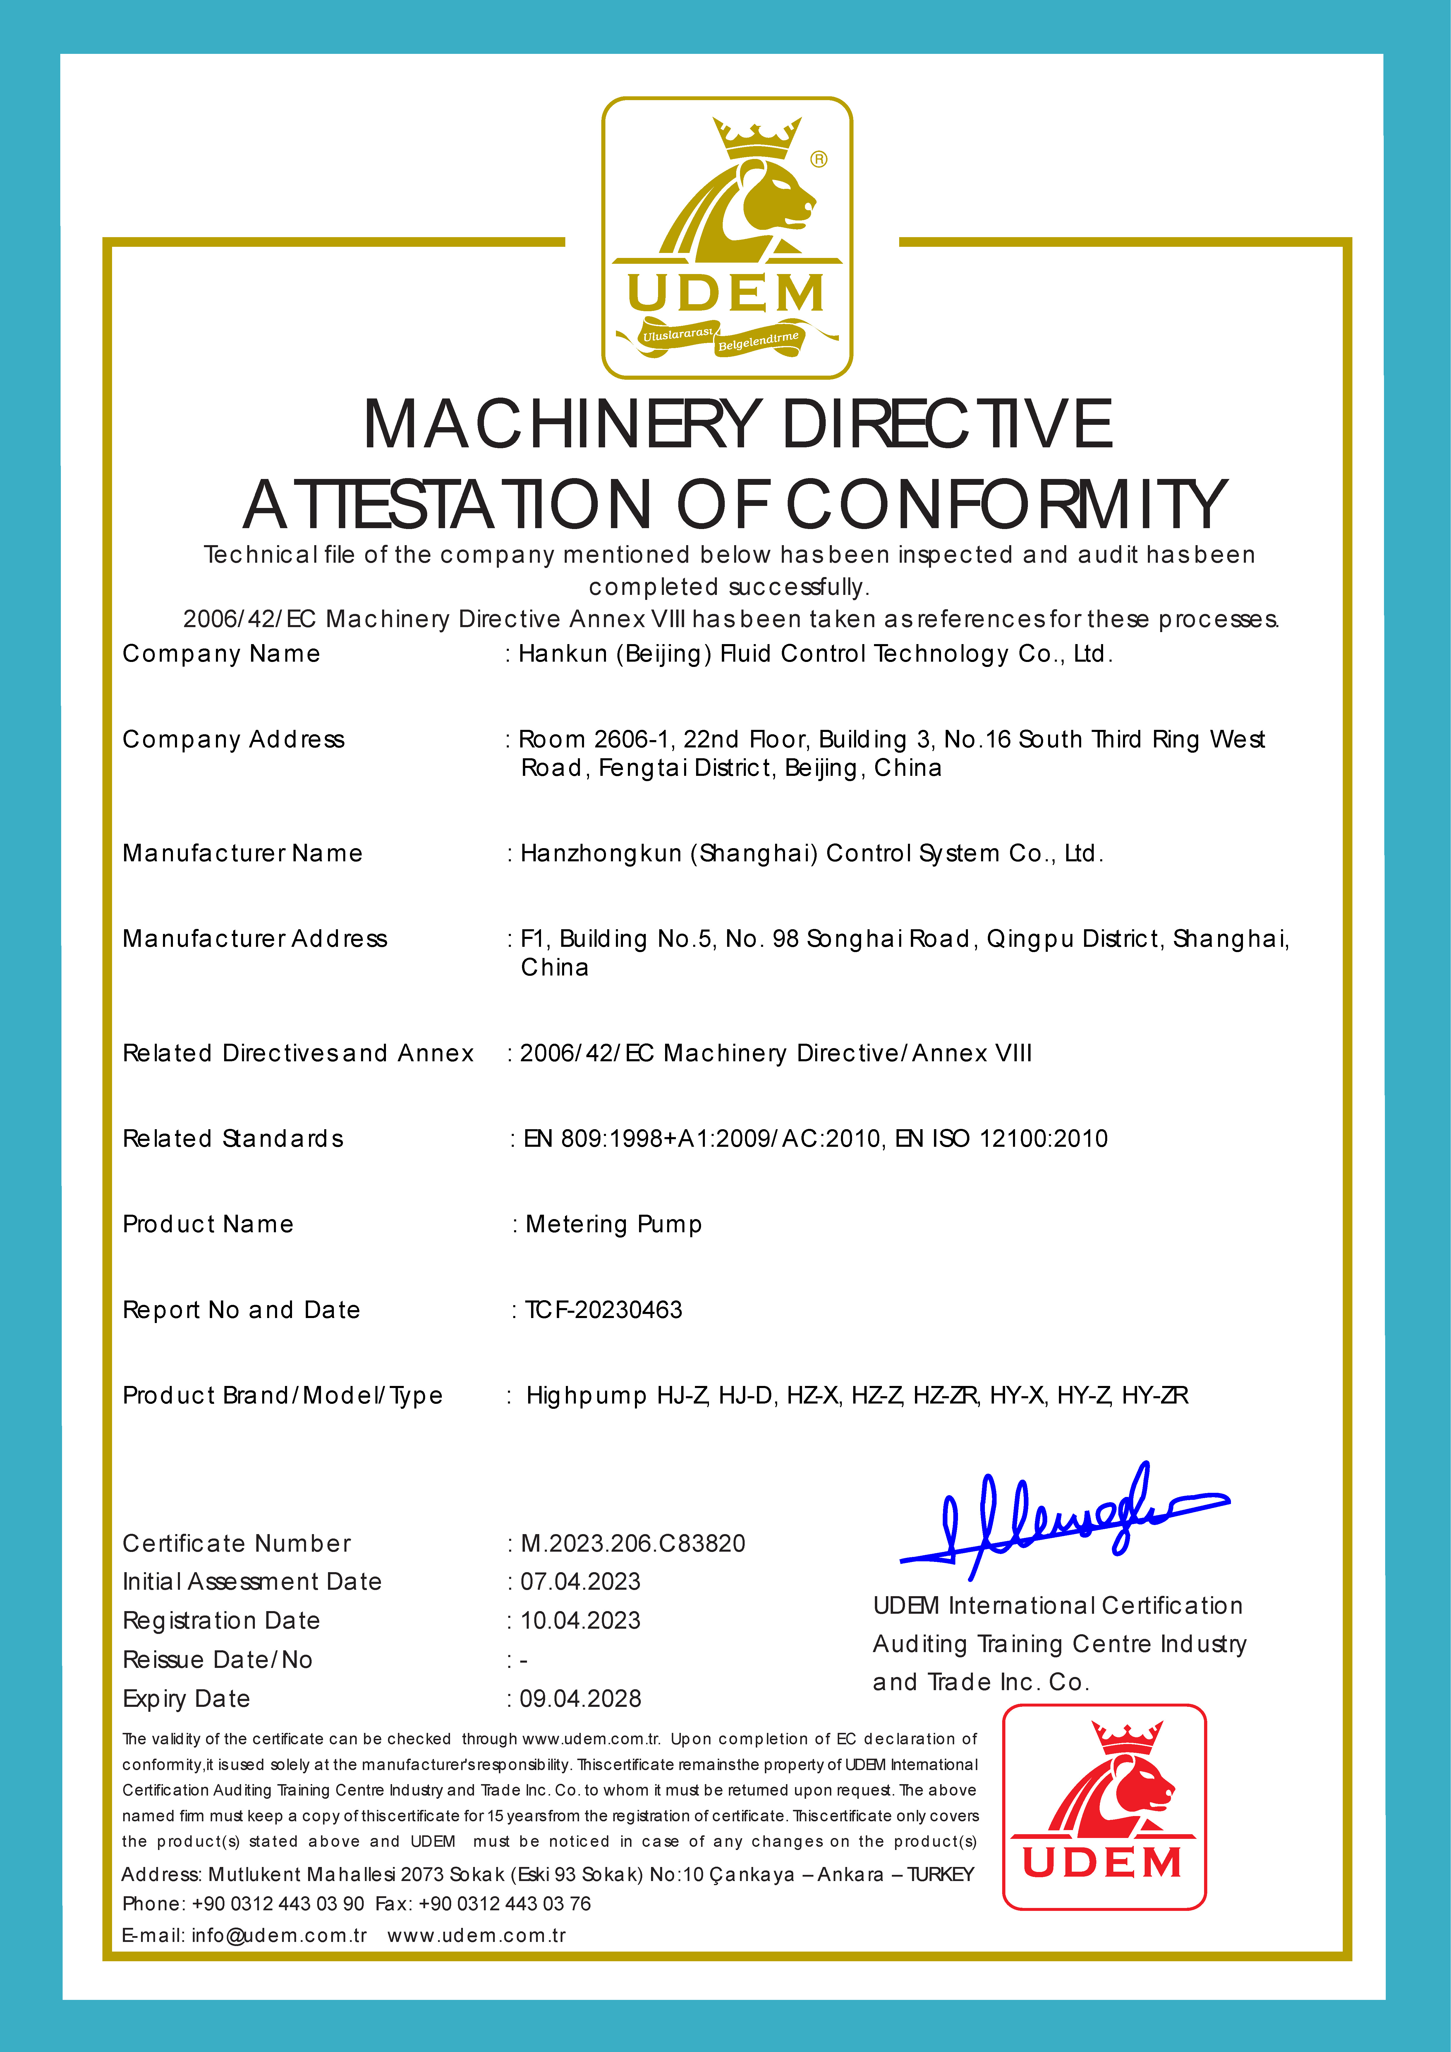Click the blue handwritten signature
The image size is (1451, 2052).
pos(1063,1519)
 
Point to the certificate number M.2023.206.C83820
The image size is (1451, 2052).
pos(633,1543)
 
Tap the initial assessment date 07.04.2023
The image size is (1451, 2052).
pos(581,1582)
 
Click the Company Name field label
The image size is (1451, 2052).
pos(221,654)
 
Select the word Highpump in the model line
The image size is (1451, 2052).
pos(586,1396)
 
